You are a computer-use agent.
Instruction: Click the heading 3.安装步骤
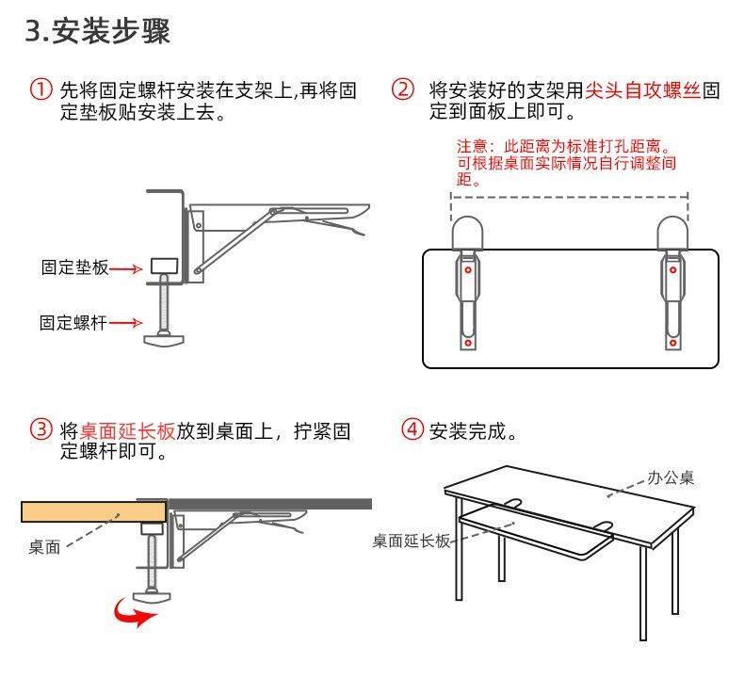[x=97, y=32]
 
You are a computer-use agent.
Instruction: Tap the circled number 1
[x=40, y=91]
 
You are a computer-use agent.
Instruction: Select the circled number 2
[x=402, y=90]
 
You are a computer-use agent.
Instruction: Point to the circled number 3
[x=40, y=431]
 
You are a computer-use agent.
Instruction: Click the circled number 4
[x=412, y=430]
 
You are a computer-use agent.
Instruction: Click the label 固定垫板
[x=74, y=268]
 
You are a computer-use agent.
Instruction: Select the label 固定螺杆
[x=73, y=323]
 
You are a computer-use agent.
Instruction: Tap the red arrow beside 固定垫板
[x=125, y=269]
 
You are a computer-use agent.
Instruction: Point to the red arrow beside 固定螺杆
[x=125, y=323]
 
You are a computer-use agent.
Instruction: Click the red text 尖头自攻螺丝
[x=643, y=91]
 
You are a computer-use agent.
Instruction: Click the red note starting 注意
[x=565, y=163]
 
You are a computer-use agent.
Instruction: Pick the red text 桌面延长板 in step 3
[x=127, y=432]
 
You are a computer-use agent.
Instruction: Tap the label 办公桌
[x=671, y=477]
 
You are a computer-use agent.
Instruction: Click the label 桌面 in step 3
[x=44, y=547]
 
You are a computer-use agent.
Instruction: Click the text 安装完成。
[x=474, y=432]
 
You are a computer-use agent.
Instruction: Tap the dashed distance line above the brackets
[x=569, y=198]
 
